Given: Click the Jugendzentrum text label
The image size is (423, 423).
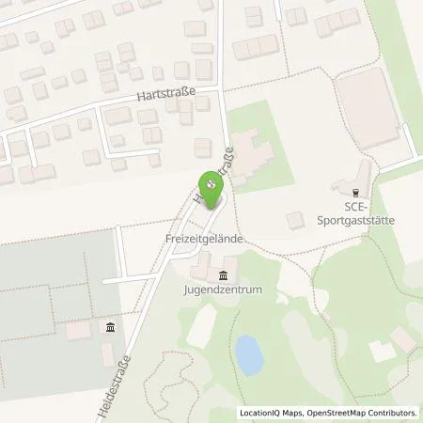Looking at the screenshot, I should [224, 290].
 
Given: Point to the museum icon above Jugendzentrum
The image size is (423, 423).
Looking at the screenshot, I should [223, 274].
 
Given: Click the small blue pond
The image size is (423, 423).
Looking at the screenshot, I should [248, 353].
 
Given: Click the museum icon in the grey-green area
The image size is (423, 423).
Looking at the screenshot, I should [110, 327].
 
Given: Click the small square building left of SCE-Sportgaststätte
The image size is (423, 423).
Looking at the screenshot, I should [296, 220].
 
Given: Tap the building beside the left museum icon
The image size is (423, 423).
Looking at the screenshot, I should [81, 331].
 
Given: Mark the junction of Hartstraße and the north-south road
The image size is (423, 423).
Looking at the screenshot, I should [221, 89].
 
